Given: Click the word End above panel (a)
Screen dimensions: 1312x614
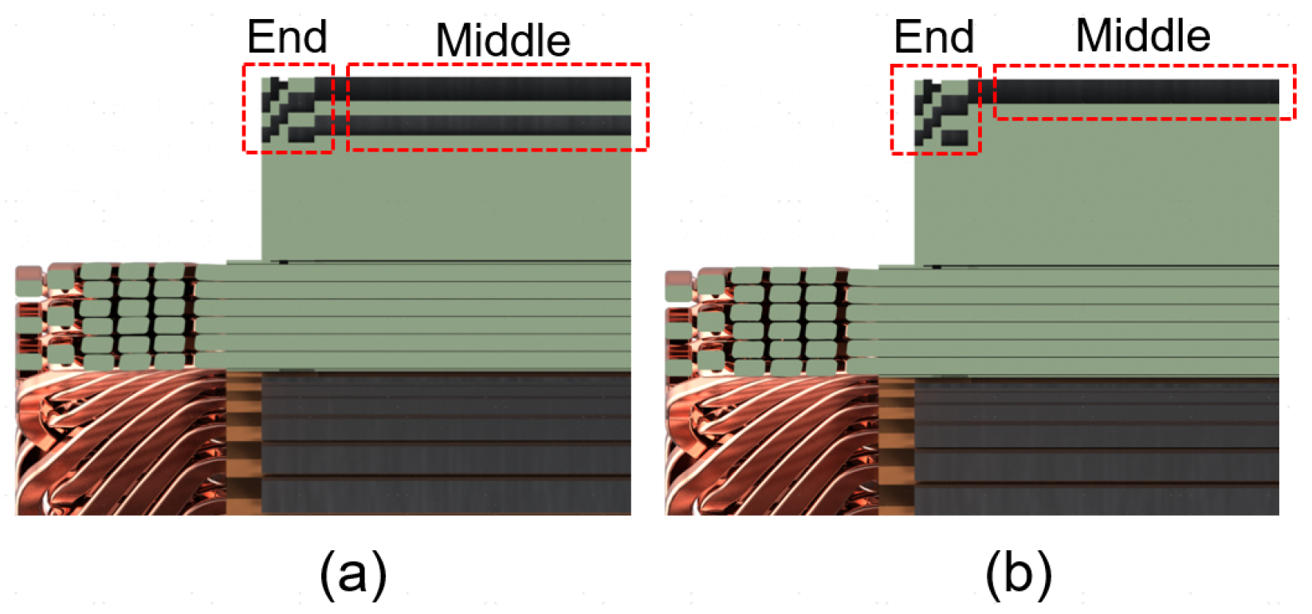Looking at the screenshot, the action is [287, 37].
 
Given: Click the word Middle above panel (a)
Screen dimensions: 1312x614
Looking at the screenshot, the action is [503, 40].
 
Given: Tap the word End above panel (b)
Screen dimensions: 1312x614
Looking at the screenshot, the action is [933, 37].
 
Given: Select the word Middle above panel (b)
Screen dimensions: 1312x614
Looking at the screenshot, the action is [1142, 36].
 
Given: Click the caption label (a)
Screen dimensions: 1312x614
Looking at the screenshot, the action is [352, 573].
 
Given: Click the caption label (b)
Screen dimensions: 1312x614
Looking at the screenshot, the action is [1018, 573].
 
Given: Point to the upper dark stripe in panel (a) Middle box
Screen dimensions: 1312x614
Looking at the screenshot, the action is [488, 89].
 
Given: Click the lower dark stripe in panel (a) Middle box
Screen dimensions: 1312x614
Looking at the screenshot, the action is [488, 125].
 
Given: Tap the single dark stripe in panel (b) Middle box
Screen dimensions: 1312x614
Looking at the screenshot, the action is [1136, 92].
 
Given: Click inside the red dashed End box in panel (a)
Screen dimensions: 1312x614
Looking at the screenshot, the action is [288, 108].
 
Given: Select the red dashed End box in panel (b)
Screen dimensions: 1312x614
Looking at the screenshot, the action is [935, 109].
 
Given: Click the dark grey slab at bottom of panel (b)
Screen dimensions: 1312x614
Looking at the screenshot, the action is [1096, 447].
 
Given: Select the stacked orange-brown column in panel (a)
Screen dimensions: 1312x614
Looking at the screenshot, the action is [244, 443].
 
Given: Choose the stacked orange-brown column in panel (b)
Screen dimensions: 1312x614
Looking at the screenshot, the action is [896, 447].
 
